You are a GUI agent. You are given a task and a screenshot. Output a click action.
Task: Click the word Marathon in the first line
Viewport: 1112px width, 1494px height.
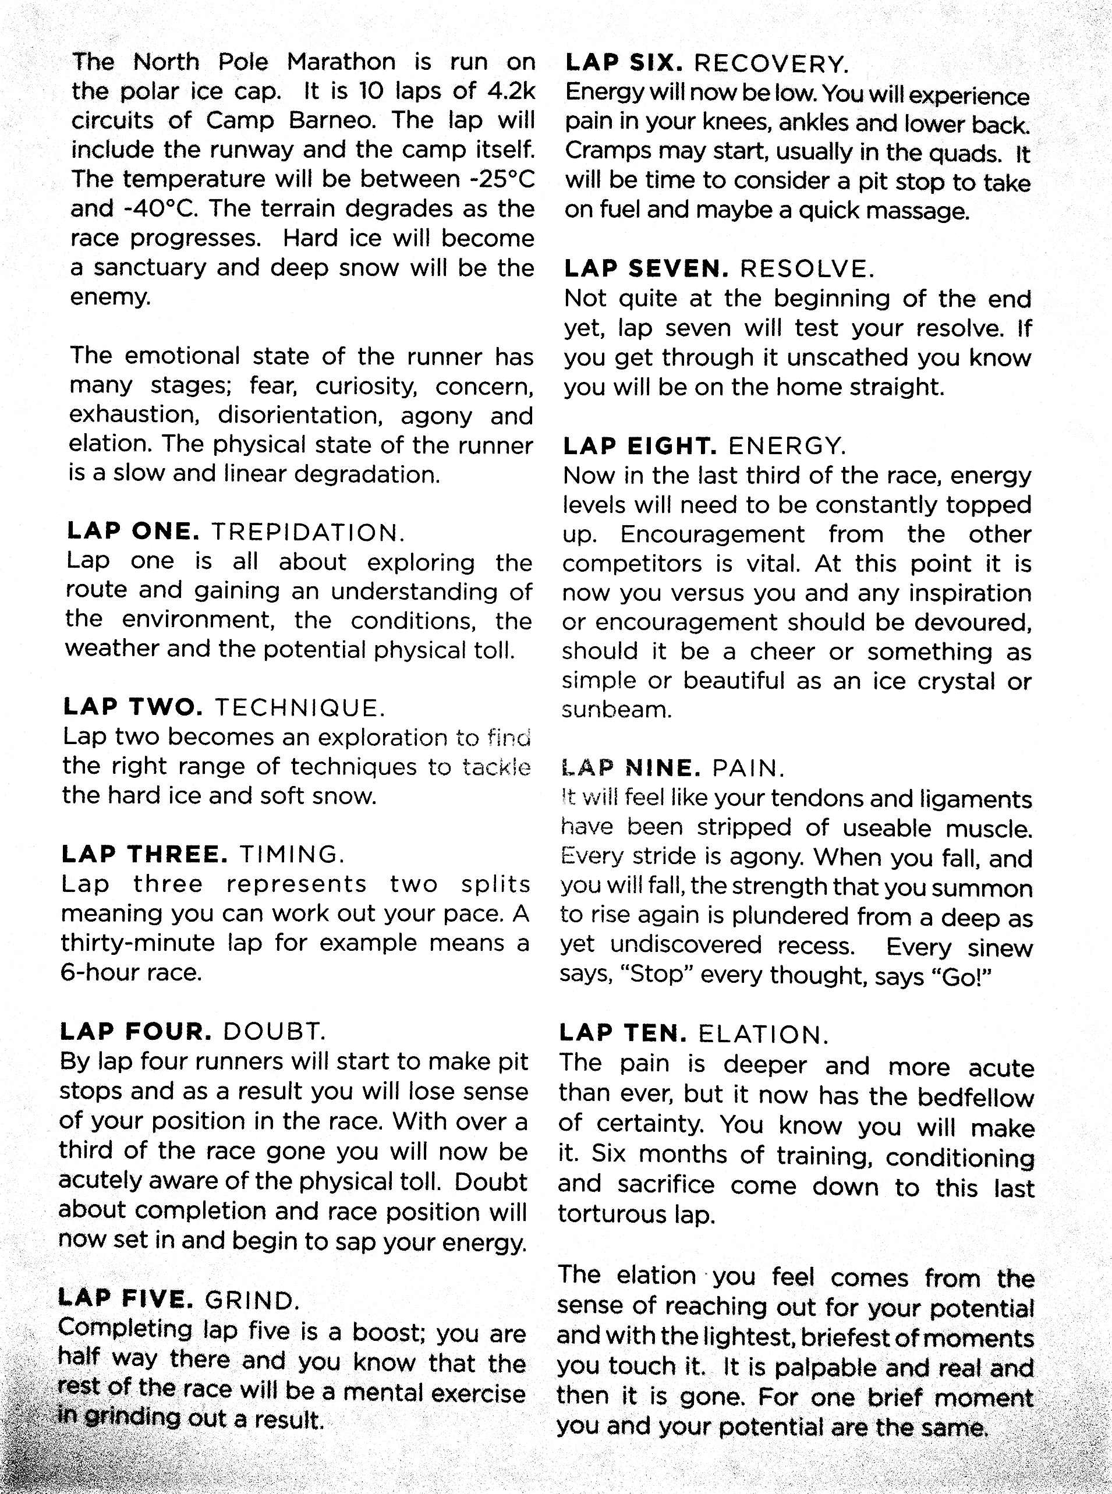341,62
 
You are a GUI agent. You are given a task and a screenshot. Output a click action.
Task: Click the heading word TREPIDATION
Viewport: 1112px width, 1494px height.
309,533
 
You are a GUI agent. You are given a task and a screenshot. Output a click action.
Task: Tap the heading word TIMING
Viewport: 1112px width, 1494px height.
292,855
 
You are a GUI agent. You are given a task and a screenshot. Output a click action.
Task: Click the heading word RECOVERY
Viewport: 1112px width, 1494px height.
771,64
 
